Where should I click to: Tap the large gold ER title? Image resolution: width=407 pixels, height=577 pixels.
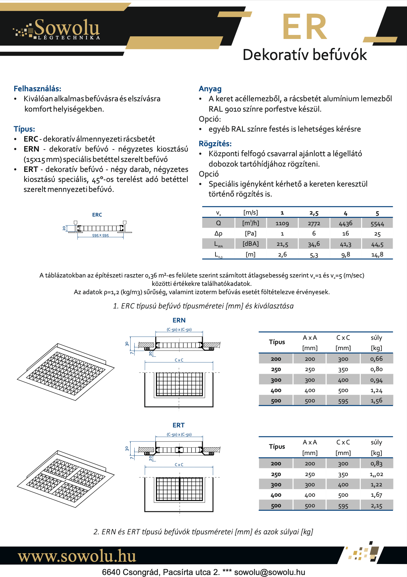[305, 27]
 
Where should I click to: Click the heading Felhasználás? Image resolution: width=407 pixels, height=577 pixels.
[37, 89]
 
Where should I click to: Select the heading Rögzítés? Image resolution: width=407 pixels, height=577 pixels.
[215, 144]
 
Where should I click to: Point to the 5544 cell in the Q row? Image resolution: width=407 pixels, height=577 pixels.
[377, 224]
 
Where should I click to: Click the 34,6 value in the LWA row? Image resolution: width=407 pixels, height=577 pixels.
[314, 244]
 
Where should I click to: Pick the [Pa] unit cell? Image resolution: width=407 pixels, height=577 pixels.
[250, 234]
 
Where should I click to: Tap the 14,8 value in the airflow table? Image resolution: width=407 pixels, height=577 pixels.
[377, 255]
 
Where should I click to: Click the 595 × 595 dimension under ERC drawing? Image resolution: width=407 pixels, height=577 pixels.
[100, 236]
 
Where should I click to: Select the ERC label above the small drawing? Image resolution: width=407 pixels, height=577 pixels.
[97, 215]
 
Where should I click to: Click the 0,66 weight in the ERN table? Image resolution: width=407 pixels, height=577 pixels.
[376, 359]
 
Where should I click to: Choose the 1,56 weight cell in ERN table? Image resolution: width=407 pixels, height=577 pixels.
[376, 401]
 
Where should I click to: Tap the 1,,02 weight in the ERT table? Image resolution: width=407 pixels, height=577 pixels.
[376, 474]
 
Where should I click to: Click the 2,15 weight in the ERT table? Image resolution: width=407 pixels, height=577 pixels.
[376, 506]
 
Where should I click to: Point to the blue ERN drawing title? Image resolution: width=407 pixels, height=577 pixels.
[179, 320]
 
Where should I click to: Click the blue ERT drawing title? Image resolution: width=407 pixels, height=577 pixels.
[179, 425]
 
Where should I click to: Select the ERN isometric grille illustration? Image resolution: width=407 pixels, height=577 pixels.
[66, 371]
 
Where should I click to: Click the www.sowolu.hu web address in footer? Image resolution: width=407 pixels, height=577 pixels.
[77, 556]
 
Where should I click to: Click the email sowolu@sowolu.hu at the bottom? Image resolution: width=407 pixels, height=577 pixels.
[270, 572]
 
